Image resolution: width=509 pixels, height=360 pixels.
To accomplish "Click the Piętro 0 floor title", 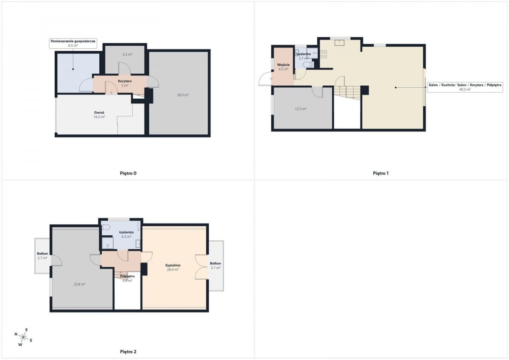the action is point(128,173).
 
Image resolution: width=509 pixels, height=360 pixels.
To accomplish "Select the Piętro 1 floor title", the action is point(380,173).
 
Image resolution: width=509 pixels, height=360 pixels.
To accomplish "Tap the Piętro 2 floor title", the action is point(128,352).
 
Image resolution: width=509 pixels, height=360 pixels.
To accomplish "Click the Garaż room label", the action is point(99,112).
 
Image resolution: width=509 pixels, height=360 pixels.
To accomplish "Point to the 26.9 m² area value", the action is point(183,95).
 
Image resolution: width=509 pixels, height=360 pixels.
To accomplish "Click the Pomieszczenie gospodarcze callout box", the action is point(73,43).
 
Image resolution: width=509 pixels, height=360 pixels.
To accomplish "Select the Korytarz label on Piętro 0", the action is point(125,81).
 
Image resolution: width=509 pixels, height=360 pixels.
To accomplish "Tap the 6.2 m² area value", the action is point(128,54).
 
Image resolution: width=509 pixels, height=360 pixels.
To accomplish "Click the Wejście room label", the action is point(283,65).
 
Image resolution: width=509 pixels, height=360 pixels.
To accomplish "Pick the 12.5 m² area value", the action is point(301,109).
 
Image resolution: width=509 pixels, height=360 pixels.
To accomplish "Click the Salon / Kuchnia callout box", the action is point(465,87).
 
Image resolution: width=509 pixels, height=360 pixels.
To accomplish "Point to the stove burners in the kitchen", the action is point(323,54).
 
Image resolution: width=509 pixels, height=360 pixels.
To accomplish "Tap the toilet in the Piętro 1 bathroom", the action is point(308,65).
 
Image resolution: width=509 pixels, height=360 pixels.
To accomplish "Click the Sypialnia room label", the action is point(173,265).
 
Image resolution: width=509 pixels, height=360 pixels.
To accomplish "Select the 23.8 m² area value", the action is point(79,284).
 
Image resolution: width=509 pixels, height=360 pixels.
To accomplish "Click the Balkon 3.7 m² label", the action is point(215,265).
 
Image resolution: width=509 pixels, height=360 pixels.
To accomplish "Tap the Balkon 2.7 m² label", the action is point(42,256).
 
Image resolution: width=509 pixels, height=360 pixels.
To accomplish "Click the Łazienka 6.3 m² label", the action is point(126,234).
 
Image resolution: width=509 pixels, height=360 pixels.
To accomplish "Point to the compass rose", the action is point(23,337).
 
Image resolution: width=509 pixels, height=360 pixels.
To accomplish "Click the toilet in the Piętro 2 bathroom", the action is point(106,227).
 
